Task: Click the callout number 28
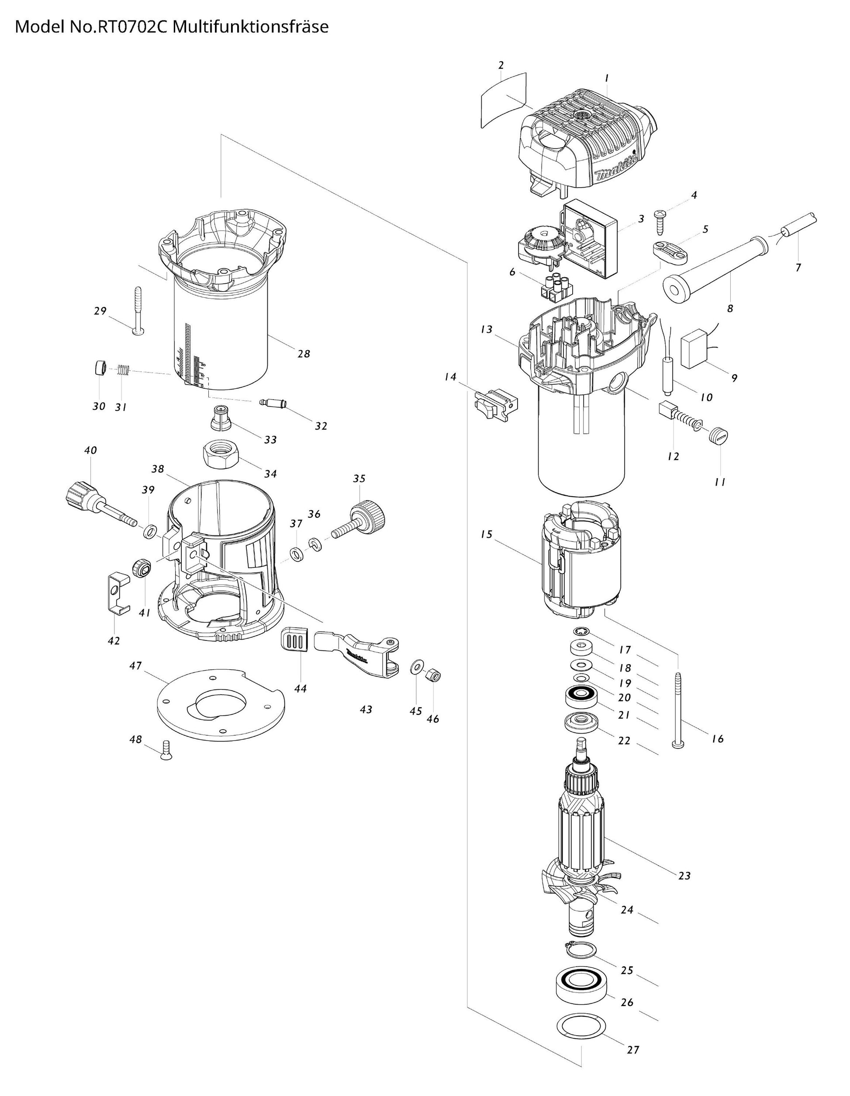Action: tap(304, 354)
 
